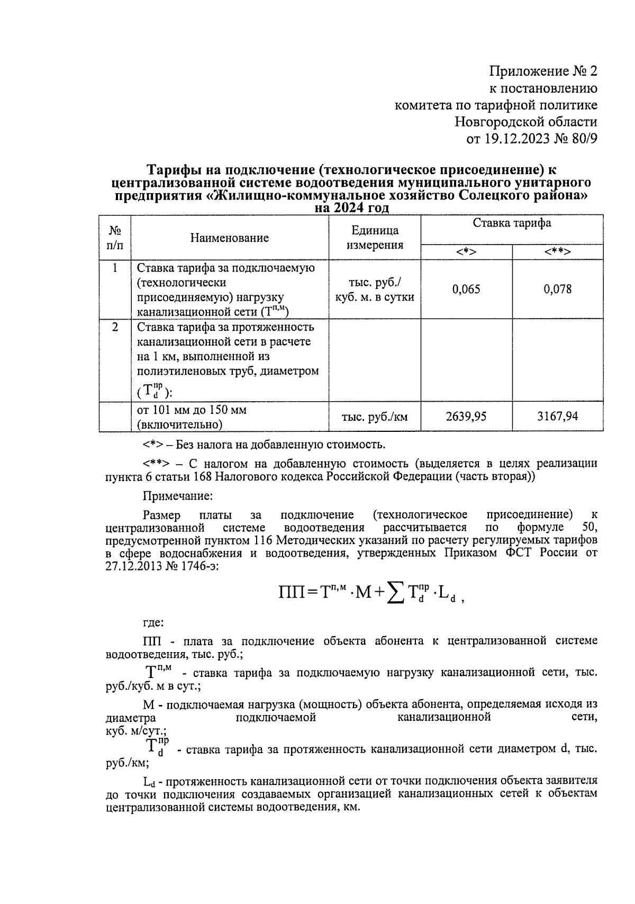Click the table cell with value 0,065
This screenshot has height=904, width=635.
pos(466,289)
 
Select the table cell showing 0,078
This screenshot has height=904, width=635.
pos(557,289)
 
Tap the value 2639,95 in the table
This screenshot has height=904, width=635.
pos(466,417)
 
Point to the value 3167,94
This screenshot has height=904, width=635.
pos(557,417)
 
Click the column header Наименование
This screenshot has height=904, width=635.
pos(230,238)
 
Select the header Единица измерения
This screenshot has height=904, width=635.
pos(375,238)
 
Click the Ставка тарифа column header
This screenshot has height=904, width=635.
pos(512,223)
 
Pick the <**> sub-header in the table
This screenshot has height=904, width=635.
pos(557,252)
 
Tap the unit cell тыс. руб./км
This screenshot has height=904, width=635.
pos(375,417)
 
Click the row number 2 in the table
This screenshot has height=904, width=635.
pos(115,327)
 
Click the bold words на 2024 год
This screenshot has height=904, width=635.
pos(351,208)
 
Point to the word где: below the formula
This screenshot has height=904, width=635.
pos(153,623)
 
